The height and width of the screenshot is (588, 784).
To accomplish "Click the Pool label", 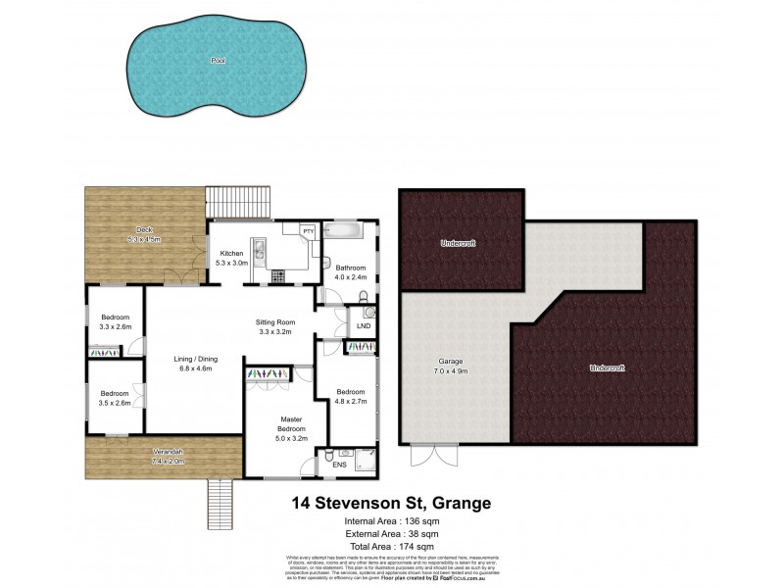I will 218,61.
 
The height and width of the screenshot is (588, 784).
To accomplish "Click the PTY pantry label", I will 308,231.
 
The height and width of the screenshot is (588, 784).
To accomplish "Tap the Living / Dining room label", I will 196,363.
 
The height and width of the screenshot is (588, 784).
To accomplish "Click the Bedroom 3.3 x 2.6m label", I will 115,321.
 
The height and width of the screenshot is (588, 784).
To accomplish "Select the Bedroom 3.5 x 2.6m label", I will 115,398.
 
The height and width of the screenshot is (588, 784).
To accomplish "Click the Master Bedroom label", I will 290,428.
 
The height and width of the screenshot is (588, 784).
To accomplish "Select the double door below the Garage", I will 424,457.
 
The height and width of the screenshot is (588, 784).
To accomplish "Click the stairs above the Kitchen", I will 238,203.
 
